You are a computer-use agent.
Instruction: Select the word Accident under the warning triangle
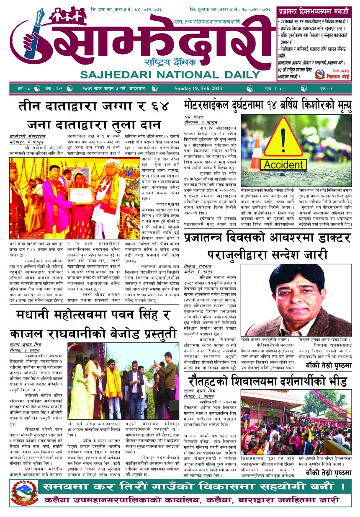283,165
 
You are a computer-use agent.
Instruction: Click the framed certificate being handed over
81,195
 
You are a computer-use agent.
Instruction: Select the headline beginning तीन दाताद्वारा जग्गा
93,106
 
